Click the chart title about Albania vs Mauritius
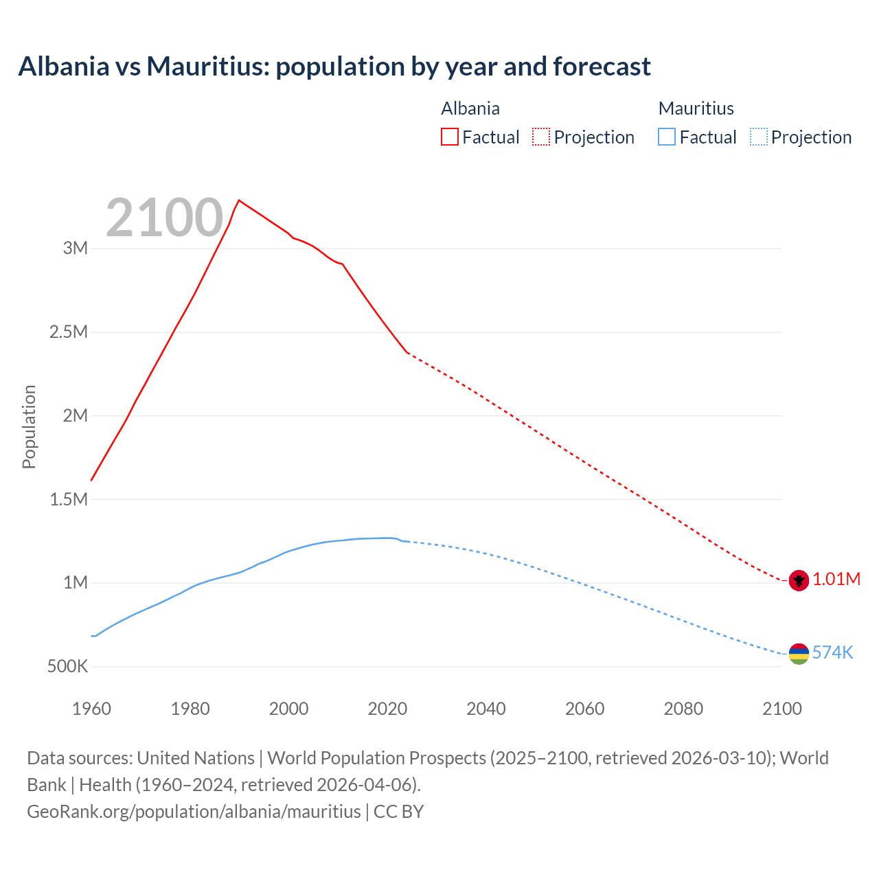[x=334, y=67]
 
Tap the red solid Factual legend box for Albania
[x=450, y=137]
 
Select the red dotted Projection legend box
[x=541, y=137]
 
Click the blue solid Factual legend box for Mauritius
[x=667, y=137]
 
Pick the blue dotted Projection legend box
[x=758, y=137]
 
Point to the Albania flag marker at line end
[x=799, y=580]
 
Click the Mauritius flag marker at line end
[x=799, y=654]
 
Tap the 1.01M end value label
[x=836, y=579]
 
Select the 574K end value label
[x=832, y=652]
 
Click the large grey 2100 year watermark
[x=164, y=218]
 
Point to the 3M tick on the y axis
[x=76, y=248]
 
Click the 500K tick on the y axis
[x=67, y=666]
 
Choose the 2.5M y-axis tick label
[x=69, y=332]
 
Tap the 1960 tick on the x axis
[x=91, y=709]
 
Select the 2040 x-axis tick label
[x=486, y=709]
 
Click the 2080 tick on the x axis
[x=683, y=709]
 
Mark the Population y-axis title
[x=29, y=426]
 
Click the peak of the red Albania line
[x=238, y=201]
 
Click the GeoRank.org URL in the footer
[x=194, y=811]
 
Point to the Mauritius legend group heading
[x=696, y=109]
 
